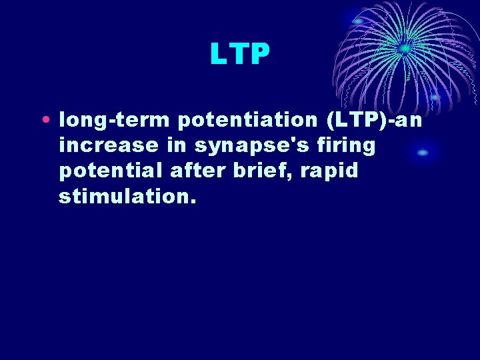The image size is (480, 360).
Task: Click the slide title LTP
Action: (x=239, y=55)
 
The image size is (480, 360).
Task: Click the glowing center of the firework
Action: (x=404, y=48)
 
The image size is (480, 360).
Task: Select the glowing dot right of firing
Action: (x=423, y=153)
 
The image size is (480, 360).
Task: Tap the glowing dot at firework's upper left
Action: (x=358, y=21)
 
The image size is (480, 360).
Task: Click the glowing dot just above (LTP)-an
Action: (x=435, y=97)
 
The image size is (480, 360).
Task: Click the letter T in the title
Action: (x=239, y=55)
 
